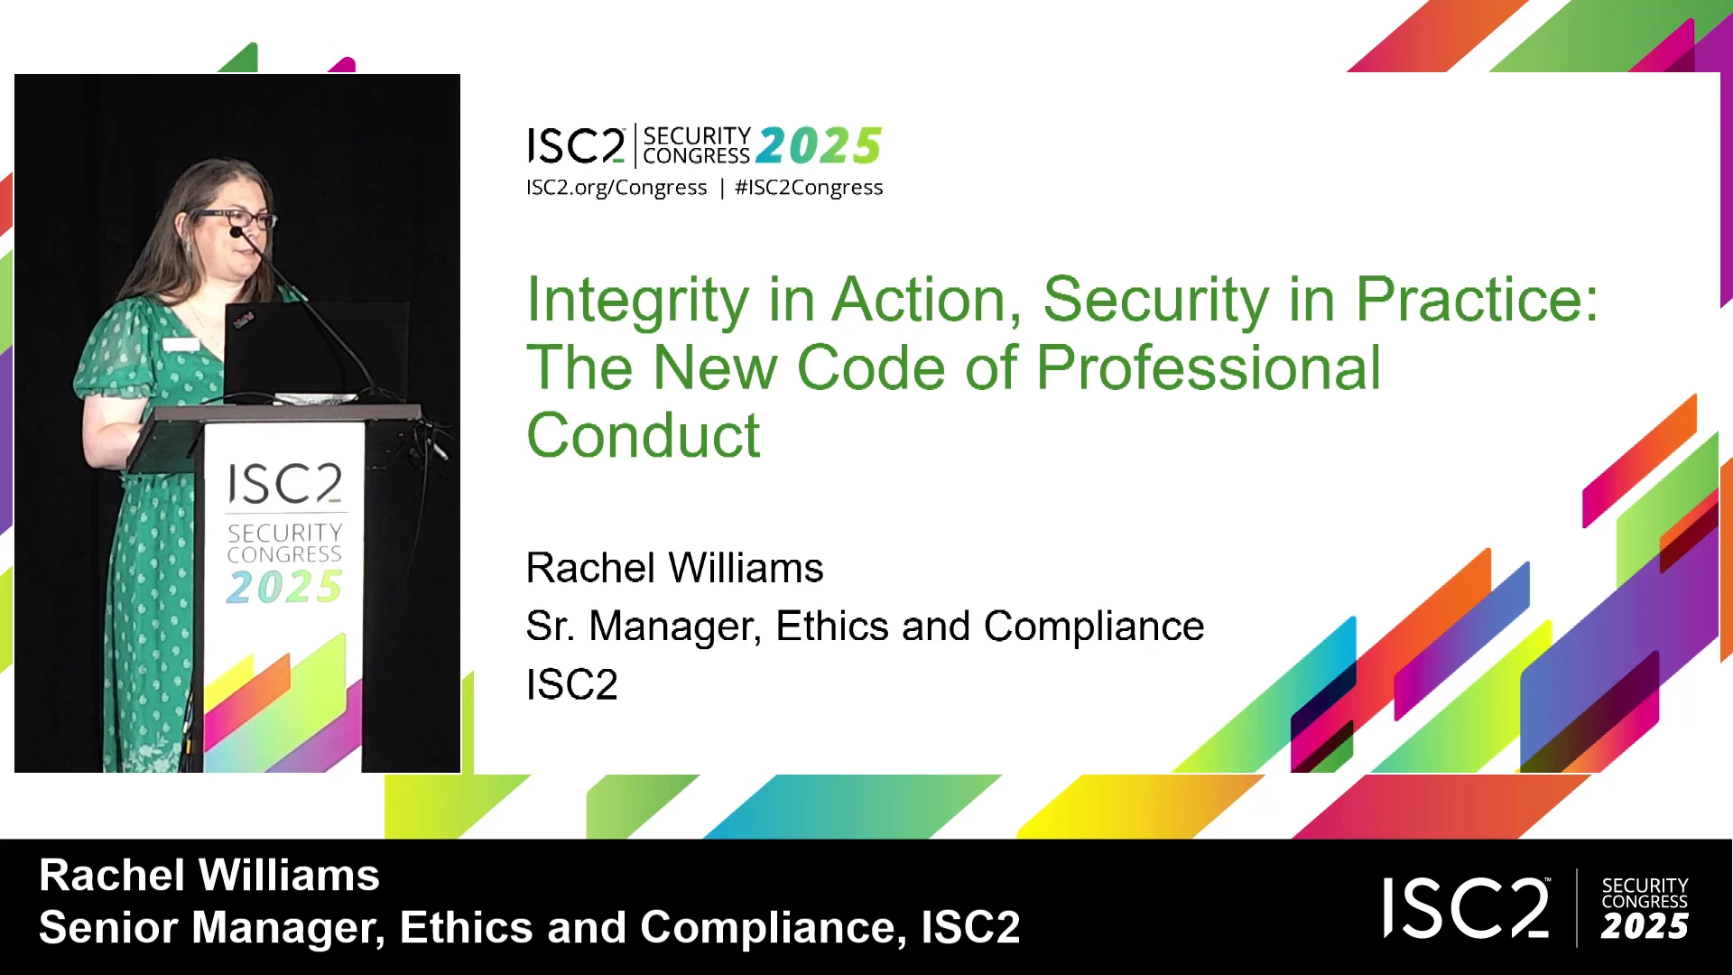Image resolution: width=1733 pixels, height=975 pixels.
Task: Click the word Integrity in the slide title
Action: [x=638, y=301]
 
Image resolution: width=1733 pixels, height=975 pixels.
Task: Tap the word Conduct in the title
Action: [x=644, y=435]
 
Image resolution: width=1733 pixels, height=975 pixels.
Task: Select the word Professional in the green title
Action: [x=1209, y=368]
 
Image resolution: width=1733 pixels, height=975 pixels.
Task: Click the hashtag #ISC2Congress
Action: [x=809, y=188]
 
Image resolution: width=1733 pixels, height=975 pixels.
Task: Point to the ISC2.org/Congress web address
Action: [x=616, y=188]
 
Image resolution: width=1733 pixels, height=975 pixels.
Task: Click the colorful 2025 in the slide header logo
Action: [x=819, y=145]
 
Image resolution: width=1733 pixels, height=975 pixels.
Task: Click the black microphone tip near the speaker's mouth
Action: [x=236, y=232]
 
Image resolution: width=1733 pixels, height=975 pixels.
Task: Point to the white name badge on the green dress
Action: [x=181, y=344]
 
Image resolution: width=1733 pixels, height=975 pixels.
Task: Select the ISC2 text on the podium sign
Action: [x=284, y=485]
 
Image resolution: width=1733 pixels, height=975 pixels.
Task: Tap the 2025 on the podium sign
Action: [x=284, y=588]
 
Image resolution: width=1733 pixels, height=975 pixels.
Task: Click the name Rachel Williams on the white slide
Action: [x=674, y=569]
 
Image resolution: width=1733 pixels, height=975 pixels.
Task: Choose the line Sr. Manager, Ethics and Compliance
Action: [x=865, y=627]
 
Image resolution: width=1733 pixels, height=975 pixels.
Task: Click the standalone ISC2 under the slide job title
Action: [x=572, y=684]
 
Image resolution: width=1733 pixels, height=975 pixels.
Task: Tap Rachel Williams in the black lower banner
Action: [x=209, y=876]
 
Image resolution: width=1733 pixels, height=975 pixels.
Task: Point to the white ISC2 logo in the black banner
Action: [x=1467, y=908]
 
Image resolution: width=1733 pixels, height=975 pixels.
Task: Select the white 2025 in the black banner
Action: [x=1645, y=927]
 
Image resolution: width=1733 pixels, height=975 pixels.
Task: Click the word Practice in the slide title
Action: [x=1477, y=300]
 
